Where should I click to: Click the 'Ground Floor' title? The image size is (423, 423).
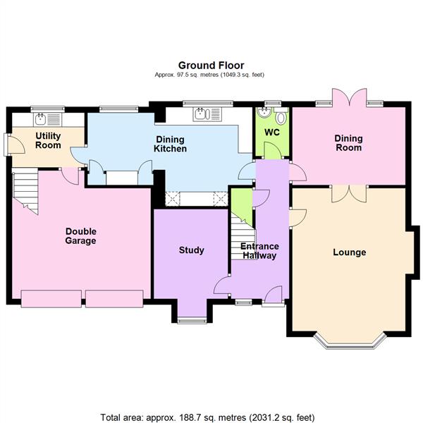[x=211, y=66]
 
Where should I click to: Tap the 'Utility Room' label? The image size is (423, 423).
[x=49, y=140]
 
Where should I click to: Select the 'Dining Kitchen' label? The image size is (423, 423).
[x=171, y=145]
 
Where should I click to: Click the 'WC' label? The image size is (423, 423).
[x=271, y=132]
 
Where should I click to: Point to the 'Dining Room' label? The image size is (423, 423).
[x=348, y=143]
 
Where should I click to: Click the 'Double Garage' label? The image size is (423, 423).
[x=81, y=236]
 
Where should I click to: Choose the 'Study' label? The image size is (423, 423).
[x=191, y=250]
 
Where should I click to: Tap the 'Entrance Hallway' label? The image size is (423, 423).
[x=260, y=251]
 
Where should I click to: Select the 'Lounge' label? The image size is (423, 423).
[x=350, y=252]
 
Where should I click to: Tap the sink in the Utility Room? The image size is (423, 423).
[x=40, y=119]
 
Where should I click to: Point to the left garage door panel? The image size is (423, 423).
[x=51, y=299]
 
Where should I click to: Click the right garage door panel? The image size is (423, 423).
[x=114, y=299]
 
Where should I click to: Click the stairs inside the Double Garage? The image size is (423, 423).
[x=25, y=192]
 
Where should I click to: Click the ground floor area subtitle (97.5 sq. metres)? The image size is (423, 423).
[x=211, y=75]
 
